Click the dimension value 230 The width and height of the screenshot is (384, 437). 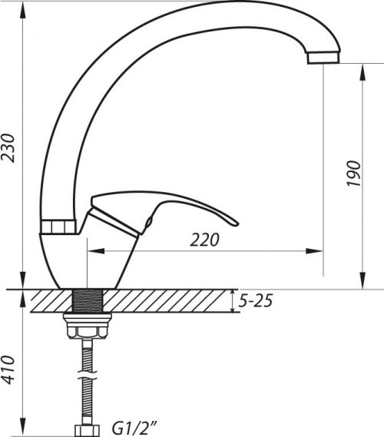click(x=10, y=144)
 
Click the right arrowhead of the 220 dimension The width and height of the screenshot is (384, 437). click(x=316, y=250)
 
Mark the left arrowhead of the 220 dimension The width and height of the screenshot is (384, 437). click(x=94, y=250)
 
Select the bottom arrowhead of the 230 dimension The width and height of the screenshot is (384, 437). click(x=23, y=283)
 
